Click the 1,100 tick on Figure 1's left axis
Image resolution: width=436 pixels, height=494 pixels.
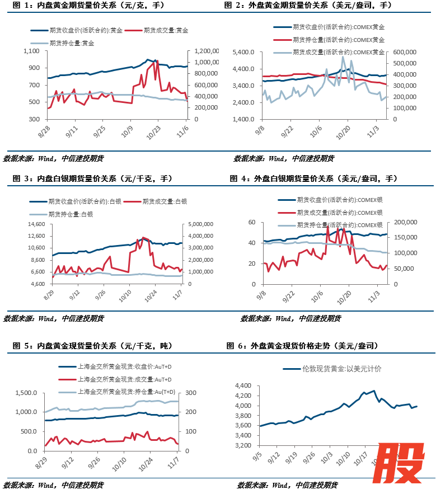31,51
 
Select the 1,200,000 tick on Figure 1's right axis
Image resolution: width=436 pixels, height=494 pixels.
205,51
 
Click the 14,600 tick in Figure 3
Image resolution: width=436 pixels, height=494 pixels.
36,224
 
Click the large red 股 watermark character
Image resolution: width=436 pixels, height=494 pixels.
399,462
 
